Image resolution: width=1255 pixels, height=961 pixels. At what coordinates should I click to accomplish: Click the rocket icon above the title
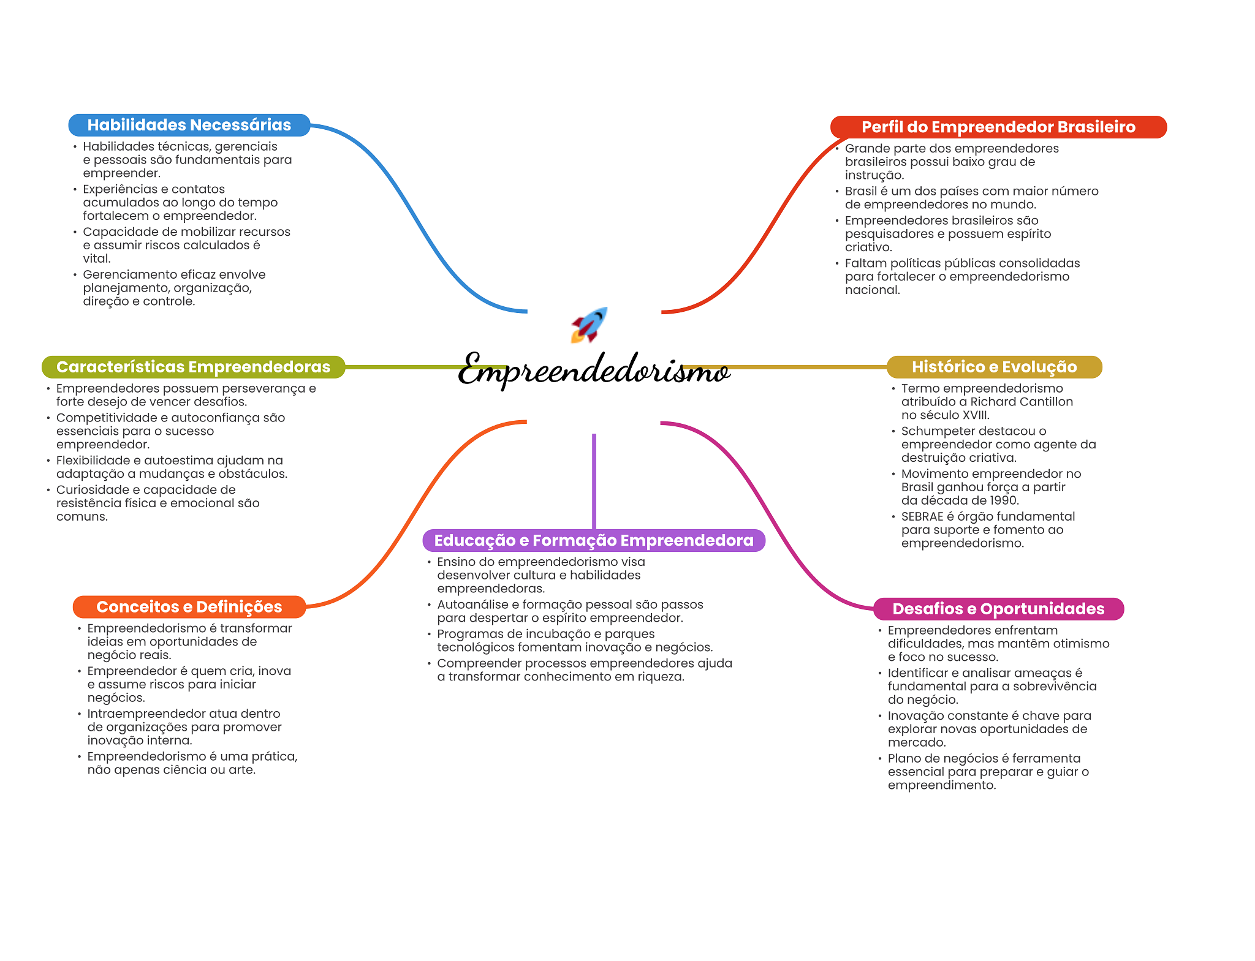[589, 325]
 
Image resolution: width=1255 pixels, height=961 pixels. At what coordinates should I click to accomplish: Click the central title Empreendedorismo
[593, 369]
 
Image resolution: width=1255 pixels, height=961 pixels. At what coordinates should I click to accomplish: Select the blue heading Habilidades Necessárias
[189, 125]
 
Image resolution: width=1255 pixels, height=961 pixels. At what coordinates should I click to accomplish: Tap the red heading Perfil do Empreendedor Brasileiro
[998, 127]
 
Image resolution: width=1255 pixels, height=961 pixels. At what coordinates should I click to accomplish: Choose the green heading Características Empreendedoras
[193, 367]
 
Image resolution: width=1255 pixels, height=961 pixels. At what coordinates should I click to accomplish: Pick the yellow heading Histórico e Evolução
[994, 367]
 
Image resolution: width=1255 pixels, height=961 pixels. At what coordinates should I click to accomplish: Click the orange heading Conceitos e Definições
[189, 607]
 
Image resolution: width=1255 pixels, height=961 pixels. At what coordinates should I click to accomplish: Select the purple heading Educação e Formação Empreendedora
[593, 540]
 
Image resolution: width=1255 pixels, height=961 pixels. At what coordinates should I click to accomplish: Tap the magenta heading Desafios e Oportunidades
[998, 609]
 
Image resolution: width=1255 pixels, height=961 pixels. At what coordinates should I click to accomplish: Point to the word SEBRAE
[922, 516]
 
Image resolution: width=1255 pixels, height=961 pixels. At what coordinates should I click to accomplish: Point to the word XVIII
[976, 415]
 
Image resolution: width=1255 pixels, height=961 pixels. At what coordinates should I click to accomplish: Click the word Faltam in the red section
[864, 263]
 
